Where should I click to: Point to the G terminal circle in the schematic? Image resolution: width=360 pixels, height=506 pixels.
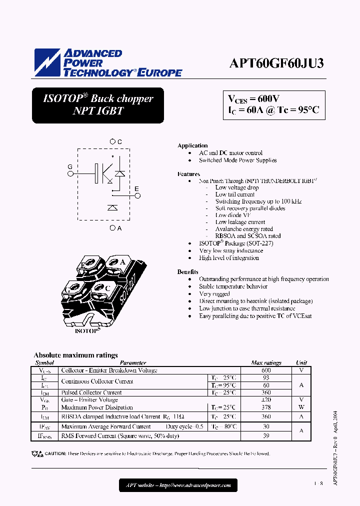click(70, 173)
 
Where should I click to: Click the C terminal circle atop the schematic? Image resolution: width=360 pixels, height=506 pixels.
click(113, 142)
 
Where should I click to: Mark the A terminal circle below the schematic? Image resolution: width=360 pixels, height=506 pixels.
click(112, 228)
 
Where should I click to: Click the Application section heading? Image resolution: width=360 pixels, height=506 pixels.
click(192, 145)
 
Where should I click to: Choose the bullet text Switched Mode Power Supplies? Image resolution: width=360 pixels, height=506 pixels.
click(237, 160)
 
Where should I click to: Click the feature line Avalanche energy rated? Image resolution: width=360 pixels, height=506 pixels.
click(244, 229)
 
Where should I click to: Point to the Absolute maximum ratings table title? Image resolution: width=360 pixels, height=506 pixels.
click(75, 355)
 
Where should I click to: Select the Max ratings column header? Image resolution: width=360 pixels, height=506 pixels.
click(266, 363)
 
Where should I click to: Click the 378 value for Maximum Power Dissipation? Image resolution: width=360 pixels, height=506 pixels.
click(266, 407)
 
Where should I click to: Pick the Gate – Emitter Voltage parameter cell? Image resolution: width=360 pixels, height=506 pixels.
click(89, 400)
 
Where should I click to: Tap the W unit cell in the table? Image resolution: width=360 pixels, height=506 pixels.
click(301, 407)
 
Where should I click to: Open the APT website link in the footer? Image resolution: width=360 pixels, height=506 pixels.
click(178, 485)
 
